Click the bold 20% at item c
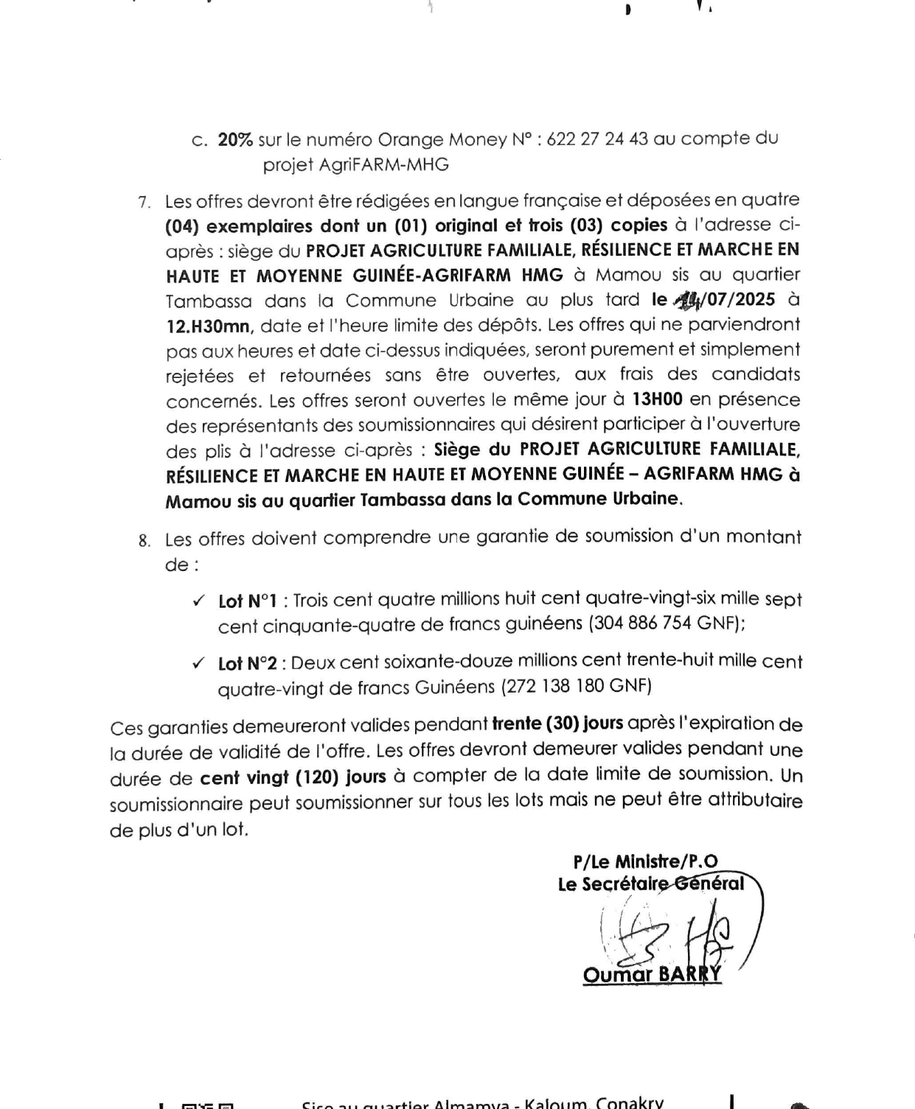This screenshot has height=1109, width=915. click(235, 140)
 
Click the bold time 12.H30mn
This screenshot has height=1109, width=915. click(208, 326)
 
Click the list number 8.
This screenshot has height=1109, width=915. click(144, 541)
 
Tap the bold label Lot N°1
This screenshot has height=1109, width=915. click(248, 601)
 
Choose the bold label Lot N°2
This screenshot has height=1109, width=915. click(248, 664)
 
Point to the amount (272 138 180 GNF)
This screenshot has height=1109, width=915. click(577, 687)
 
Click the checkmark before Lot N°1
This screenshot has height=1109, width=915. click(198, 601)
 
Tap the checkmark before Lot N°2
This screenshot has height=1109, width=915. click(198, 663)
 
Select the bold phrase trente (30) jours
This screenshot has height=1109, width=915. click(557, 724)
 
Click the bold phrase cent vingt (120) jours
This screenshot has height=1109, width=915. click(293, 777)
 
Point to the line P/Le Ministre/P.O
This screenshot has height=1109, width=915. click(645, 861)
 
